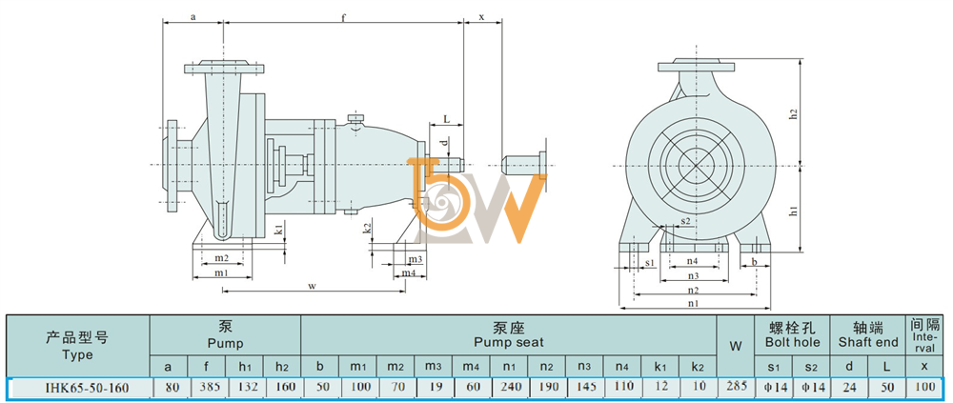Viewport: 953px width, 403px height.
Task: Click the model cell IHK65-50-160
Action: tap(78, 388)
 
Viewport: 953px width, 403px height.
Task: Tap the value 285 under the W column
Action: tap(736, 387)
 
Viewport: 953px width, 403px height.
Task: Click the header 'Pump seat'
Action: tap(509, 343)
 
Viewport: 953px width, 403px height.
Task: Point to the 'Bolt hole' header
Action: tap(792, 343)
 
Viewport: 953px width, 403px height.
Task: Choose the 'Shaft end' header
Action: tap(868, 343)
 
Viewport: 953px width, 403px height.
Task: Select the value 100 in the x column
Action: tap(923, 388)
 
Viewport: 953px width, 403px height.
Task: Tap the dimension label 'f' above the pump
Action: tap(343, 18)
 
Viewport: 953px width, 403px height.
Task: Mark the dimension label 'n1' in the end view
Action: tap(693, 302)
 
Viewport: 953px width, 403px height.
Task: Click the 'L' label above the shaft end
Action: tap(447, 119)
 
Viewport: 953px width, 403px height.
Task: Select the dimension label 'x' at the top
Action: tap(482, 17)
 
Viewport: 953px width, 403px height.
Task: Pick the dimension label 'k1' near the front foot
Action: tap(278, 231)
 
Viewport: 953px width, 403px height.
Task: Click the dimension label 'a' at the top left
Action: tap(193, 17)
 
